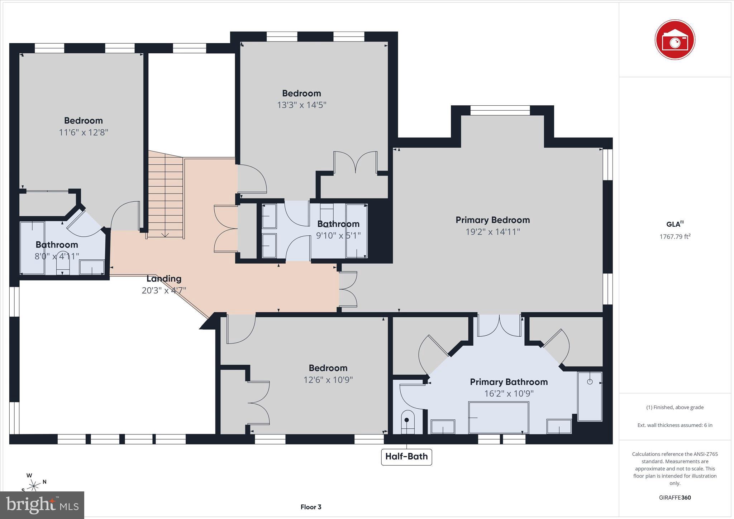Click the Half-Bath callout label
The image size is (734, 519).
(406, 457)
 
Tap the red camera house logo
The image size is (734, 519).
(675, 40)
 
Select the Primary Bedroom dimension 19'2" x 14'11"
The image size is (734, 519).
(492, 232)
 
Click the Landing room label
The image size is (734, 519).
(164, 278)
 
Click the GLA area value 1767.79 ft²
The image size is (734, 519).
(675, 236)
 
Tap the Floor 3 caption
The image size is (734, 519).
(311, 507)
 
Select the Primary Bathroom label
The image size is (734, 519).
(509, 382)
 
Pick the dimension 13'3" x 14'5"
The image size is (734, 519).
(301, 105)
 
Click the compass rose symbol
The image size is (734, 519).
(34, 485)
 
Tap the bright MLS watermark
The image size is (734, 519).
(42, 505)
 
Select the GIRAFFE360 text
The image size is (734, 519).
(675, 498)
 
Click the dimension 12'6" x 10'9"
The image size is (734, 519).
(328, 380)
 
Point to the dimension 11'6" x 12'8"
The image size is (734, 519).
(84, 133)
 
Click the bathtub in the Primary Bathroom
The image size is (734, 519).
(499, 417)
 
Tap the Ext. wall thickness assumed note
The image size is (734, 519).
(675, 425)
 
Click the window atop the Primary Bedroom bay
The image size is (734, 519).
(500, 110)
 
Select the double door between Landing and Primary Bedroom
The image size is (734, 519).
(348, 289)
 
